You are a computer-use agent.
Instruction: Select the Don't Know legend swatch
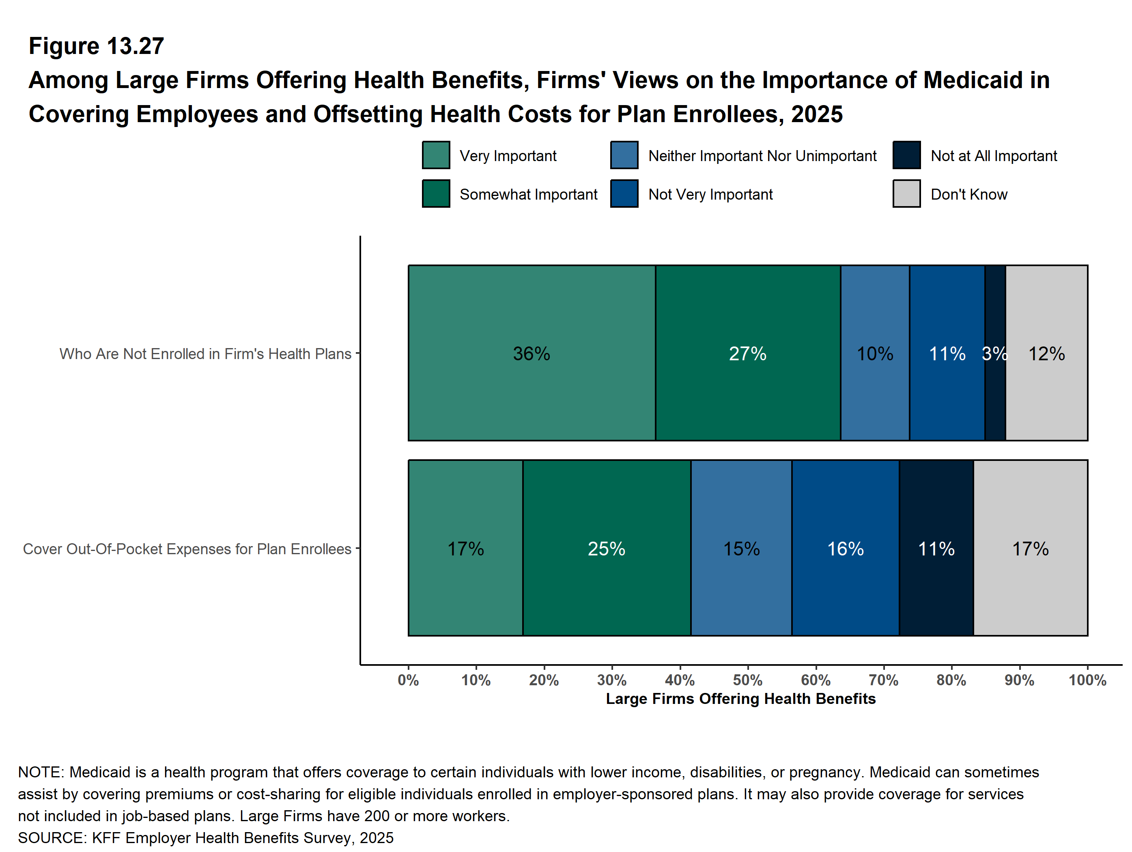906,194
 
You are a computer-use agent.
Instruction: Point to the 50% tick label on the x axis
748,680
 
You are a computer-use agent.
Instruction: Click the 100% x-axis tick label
1087,680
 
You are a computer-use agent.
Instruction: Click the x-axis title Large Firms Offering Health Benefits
740,699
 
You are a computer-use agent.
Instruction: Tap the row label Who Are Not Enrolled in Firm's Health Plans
205,354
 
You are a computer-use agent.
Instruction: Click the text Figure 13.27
96,46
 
